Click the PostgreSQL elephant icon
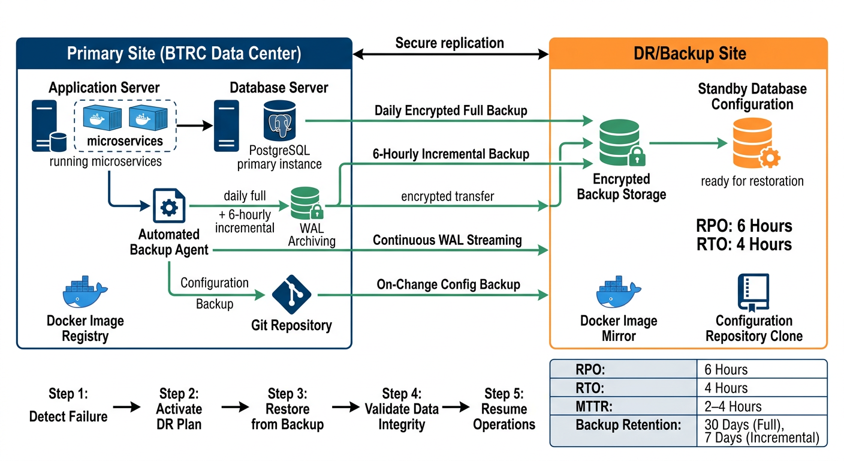point(282,121)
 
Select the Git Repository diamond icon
point(291,294)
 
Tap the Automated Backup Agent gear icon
point(170,206)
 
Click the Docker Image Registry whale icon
point(85,293)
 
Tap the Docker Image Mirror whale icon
point(619,293)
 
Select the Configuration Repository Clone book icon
point(753,292)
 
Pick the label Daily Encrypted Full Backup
point(451,110)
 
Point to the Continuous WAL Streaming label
point(447,240)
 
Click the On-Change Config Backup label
point(448,284)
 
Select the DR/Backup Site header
point(689,53)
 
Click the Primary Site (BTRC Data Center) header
point(183,53)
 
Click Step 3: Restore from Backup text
point(287,409)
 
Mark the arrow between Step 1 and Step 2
point(127,408)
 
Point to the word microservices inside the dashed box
point(125,141)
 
